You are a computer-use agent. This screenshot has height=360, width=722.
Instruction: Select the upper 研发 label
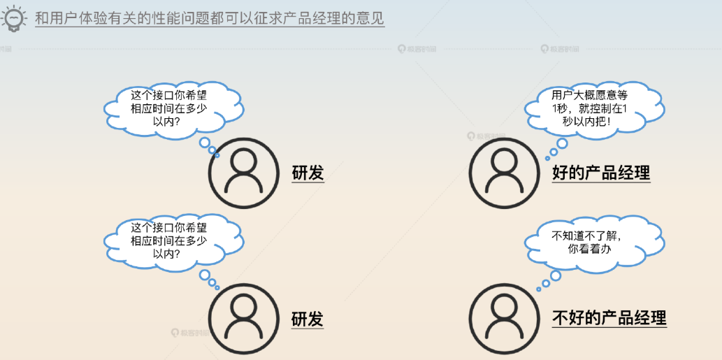[x=308, y=173]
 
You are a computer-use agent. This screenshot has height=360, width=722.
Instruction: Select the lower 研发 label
[x=308, y=319]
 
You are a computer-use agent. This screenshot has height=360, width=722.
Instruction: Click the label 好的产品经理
[x=601, y=173]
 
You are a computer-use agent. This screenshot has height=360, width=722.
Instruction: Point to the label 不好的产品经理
[x=609, y=319]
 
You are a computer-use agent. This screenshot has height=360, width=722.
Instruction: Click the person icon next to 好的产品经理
[x=504, y=172]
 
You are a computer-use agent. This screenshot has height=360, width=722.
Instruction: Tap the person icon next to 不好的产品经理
[x=504, y=318]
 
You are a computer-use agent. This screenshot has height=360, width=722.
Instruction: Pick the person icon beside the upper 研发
[x=243, y=172]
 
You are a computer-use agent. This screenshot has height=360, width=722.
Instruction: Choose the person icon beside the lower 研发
[x=243, y=318]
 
